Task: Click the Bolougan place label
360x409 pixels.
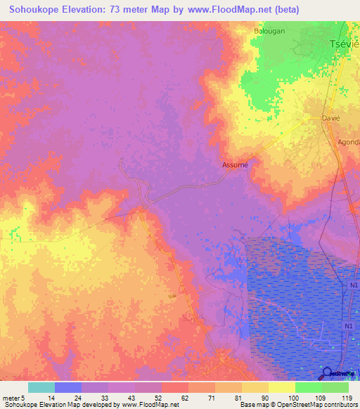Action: click(270, 32)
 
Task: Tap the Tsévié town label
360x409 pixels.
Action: click(345, 44)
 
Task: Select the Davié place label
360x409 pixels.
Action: click(330, 119)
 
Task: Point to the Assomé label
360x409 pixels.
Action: click(235, 165)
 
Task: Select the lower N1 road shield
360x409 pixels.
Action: click(348, 327)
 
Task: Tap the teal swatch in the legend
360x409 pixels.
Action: click(41, 387)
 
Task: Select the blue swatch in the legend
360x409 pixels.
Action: click(68, 387)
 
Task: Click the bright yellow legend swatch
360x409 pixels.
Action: click(281, 387)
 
